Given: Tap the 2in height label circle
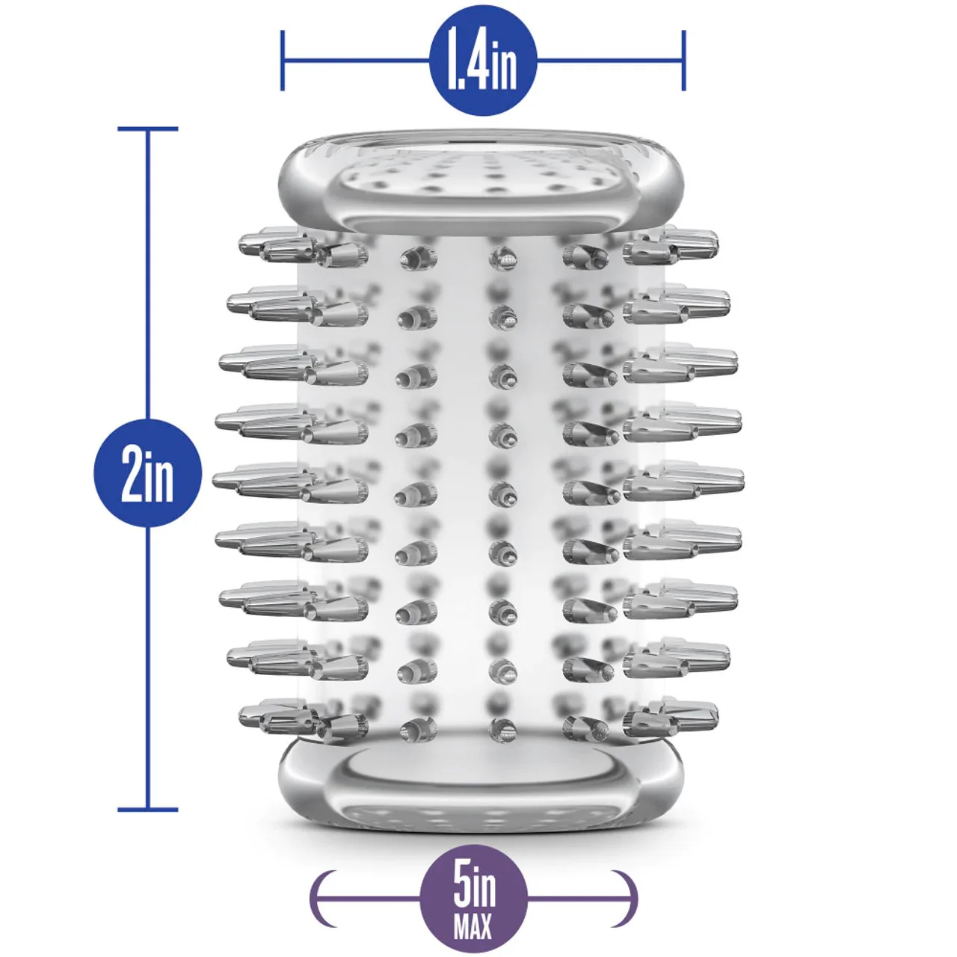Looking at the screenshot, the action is [147, 473].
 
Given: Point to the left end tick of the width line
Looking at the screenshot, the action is [283, 61].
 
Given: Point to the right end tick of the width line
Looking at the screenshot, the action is [684, 61].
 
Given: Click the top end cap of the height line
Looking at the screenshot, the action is [147, 129].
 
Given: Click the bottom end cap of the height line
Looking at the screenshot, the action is [147, 809].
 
